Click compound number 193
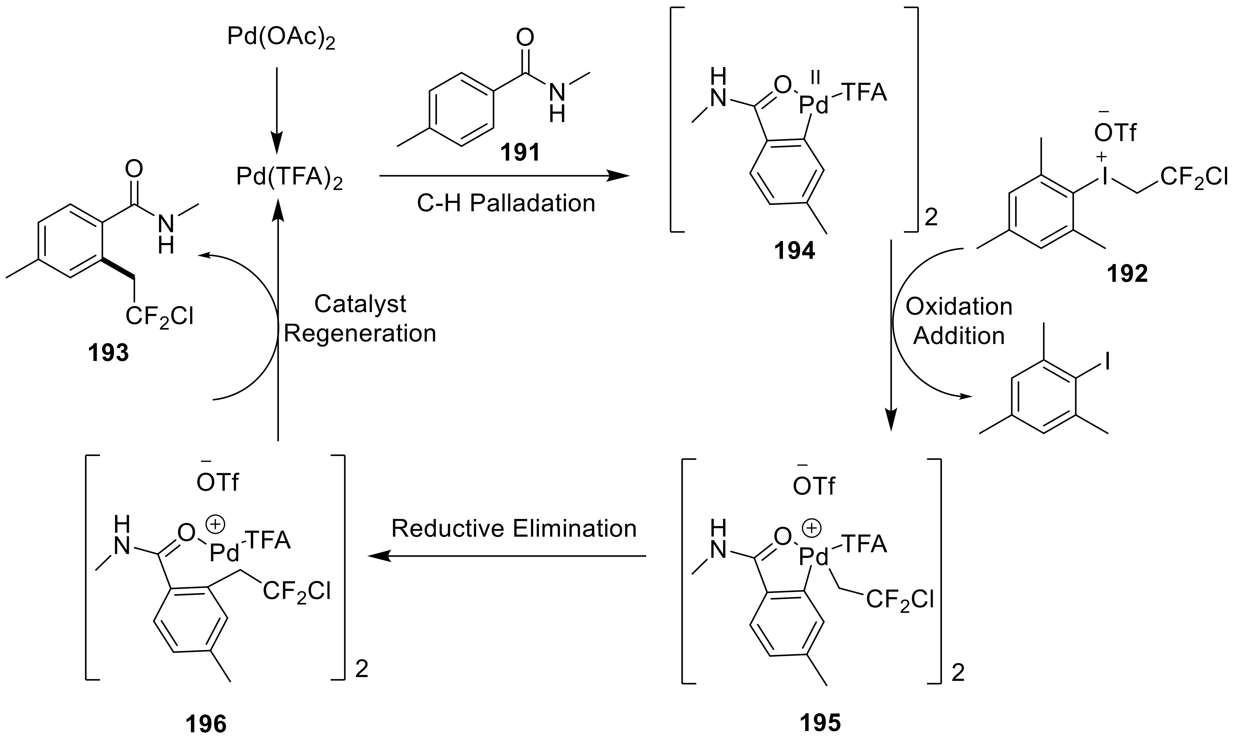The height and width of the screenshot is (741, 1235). coord(108,353)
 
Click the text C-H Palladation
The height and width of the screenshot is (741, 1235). coord(506,203)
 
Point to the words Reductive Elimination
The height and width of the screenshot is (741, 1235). coord(514,529)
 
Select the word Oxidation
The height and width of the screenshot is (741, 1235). coord(959,306)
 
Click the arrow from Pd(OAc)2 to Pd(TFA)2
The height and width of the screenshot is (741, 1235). coord(277,110)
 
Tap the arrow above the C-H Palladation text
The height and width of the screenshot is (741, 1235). coord(504,176)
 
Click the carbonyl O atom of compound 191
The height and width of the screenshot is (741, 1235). coord(524,38)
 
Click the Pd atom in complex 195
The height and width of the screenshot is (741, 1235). coord(814,557)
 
